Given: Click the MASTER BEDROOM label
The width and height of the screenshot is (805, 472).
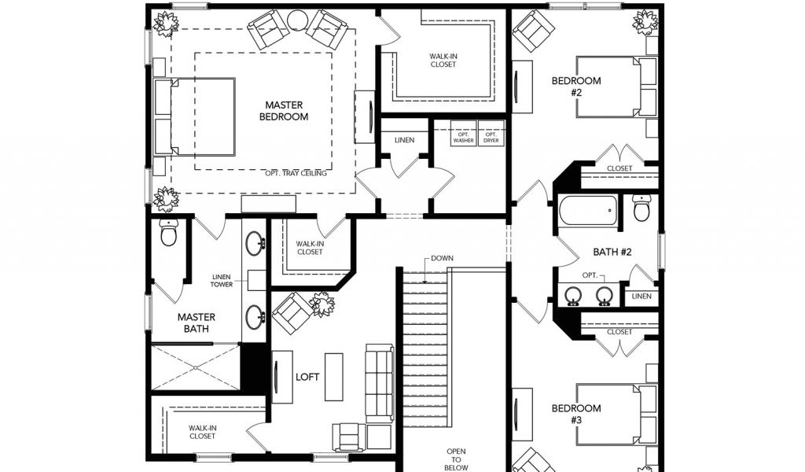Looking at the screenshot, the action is (283, 111).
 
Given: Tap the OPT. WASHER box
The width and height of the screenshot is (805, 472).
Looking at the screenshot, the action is (464, 133).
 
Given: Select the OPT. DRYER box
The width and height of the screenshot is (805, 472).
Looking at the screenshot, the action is (491, 133).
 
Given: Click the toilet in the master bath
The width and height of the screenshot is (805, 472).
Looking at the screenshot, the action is (168, 234).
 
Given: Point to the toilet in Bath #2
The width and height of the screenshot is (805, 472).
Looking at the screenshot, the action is (641, 208).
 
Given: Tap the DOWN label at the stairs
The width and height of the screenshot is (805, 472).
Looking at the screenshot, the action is (442, 258).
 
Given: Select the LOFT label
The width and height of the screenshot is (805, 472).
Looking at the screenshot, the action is (307, 377).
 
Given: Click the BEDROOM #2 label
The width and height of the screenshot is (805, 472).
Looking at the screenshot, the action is (576, 87).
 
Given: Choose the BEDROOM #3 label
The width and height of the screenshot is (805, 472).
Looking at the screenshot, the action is (576, 414).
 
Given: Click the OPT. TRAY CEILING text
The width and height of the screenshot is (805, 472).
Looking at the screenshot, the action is (296, 173).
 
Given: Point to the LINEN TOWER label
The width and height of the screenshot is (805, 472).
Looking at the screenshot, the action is (221, 280).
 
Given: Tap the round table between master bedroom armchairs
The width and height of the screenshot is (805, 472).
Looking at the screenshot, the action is (297, 20).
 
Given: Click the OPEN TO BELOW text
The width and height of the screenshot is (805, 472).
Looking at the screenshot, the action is (456, 459).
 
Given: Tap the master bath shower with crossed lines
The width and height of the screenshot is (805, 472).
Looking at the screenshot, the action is (196, 367).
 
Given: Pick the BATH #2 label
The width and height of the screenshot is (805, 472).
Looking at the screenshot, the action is (612, 252).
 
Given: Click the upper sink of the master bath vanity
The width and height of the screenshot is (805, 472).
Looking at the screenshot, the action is (254, 243).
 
